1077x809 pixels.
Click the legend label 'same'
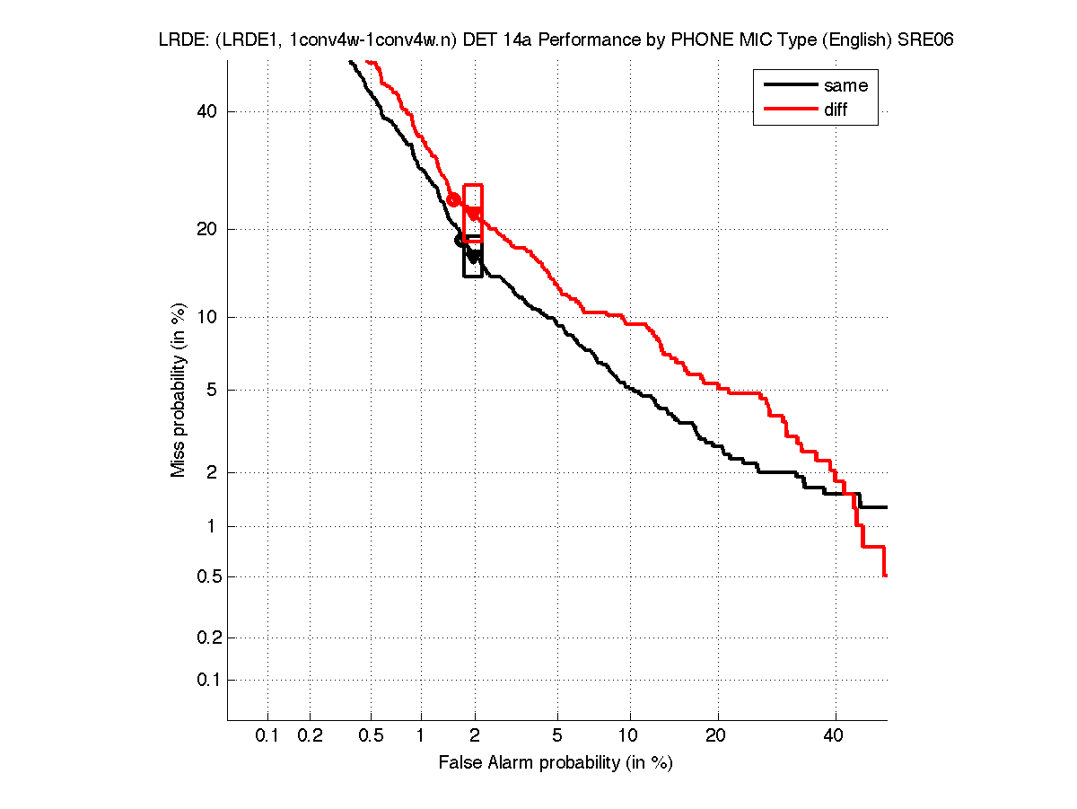(845, 85)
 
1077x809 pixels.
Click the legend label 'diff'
(836, 110)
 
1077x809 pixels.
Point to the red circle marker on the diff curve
(453, 199)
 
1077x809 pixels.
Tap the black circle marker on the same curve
(461, 240)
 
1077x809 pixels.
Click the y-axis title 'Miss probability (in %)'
(179, 389)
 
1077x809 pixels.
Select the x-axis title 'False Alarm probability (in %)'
(556, 763)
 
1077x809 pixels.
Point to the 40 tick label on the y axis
(208, 111)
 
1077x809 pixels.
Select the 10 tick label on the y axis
(208, 317)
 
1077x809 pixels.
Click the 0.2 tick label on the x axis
(310, 736)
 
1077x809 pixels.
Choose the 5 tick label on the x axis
(558, 736)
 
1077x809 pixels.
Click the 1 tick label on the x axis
(421, 736)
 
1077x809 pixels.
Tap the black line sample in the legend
(787, 85)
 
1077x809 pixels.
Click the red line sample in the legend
(787, 110)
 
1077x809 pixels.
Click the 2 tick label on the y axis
(213, 472)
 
